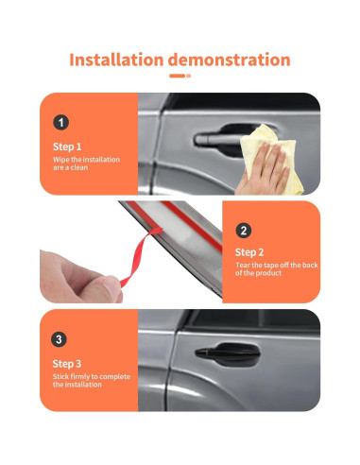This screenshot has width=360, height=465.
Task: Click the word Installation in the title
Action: pos(116,60)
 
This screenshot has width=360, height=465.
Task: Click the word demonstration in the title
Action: pos(229,60)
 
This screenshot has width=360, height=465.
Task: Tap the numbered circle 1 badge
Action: pos(60,123)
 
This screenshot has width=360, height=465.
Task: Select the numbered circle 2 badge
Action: pos(244,231)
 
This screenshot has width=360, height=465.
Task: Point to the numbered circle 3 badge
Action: pos(59,339)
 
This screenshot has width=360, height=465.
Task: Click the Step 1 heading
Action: pos(67,146)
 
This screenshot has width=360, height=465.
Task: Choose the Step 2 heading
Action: pos(249,252)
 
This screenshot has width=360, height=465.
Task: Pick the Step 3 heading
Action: pos(67,364)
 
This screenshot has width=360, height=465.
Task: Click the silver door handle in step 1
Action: pos(217,139)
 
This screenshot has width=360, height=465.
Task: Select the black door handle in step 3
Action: pos(228,353)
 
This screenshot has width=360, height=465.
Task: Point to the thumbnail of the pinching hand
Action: pos(111,287)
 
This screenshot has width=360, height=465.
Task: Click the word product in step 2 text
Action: pos(267,273)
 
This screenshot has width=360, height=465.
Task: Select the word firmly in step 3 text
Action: pos(79,377)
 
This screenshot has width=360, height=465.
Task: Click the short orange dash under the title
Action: pos(177,76)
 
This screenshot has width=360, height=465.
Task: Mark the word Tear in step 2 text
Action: pos(243,266)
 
